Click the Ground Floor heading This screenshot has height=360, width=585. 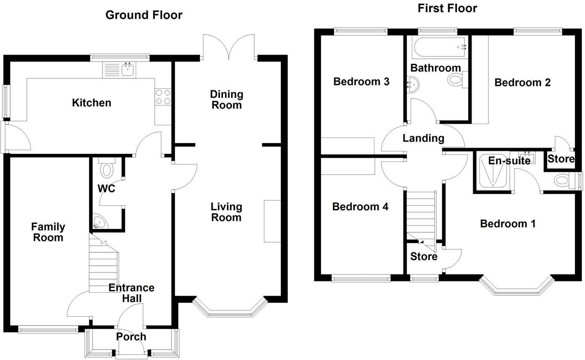(144, 15)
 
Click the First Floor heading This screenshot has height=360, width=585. (447, 8)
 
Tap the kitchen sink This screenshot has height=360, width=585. (128, 70)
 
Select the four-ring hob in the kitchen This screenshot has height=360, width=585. (163, 97)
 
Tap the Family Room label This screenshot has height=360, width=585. (48, 232)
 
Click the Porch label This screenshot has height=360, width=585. (131, 336)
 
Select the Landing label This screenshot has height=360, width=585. (423, 138)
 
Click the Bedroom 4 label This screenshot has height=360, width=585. (360, 206)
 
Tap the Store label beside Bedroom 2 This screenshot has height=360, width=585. (561, 159)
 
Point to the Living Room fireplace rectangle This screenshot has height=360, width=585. (272, 221)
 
